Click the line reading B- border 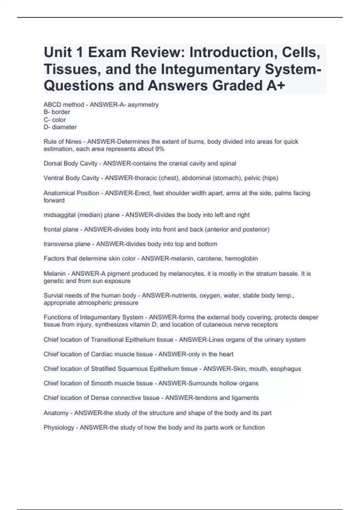[57, 112]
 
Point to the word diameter [64, 127]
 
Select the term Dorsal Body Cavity [70, 163]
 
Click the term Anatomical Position [71, 193]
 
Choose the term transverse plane [67, 244]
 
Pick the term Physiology [59, 427]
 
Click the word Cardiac [102, 354]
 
